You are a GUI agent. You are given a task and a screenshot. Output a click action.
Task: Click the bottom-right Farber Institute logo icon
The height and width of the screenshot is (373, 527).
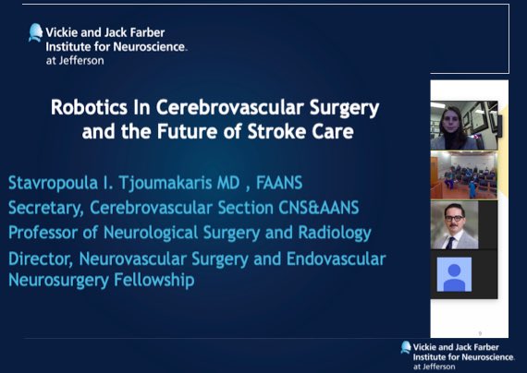pos(405,347)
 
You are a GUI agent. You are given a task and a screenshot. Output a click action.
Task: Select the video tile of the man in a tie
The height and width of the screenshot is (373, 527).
pos(463,224)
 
